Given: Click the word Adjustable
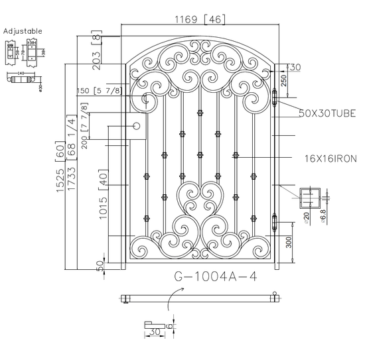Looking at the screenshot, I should [x=23, y=30].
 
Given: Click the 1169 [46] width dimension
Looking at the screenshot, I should [x=198, y=19].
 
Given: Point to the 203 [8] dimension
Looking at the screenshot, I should [x=98, y=50].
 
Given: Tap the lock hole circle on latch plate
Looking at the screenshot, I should [x=137, y=125].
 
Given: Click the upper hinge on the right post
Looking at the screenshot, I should [x=275, y=97].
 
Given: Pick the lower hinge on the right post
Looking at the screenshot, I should [x=275, y=220].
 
